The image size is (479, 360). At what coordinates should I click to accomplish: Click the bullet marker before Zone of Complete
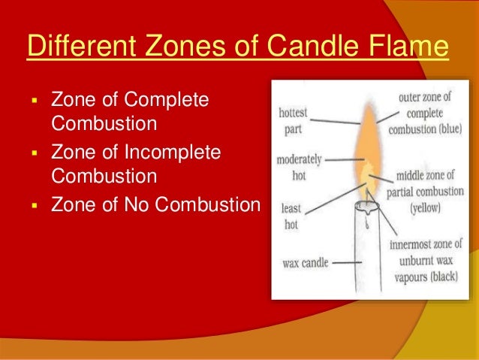pyautogui.click(x=35, y=101)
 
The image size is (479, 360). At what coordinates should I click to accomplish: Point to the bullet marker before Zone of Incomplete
pyautogui.click(x=35, y=153)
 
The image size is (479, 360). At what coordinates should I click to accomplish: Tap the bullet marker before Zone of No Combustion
pyautogui.click(x=35, y=205)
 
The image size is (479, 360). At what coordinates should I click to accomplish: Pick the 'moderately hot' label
pyautogui.click(x=299, y=167)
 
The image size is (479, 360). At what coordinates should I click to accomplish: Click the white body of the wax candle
pyautogui.click(x=369, y=256)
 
